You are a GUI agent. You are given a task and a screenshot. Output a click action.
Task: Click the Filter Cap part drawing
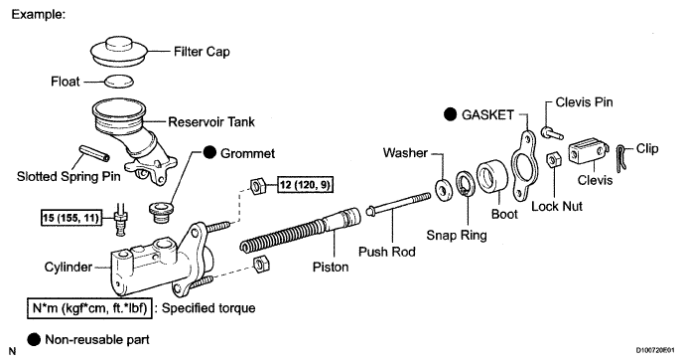point(119,53)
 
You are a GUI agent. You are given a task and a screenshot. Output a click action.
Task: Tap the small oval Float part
point(118,82)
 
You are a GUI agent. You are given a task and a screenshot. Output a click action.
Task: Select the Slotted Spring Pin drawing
point(94,152)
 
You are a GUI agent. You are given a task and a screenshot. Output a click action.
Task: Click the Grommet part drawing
point(161,212)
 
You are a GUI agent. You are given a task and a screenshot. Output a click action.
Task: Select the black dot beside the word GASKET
point(450,114)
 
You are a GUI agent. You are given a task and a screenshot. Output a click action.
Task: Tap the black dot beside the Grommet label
point(209,153)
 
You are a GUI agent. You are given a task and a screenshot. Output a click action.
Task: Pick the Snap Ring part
point(466,184)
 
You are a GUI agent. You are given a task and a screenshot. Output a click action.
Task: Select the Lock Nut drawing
point(553,160)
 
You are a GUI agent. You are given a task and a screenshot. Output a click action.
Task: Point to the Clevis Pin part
point(552,132)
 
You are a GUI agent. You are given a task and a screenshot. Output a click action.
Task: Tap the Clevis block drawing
point(588,151)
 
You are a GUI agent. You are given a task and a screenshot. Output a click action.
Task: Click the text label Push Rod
point(387,252)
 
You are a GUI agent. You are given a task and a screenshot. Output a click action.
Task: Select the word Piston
point(331,267)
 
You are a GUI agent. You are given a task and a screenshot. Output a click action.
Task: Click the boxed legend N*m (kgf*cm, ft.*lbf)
point(89,308)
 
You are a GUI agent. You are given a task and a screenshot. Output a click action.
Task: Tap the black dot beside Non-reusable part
point(34,339)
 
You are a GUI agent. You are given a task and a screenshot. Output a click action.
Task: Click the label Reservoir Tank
point(211,121)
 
